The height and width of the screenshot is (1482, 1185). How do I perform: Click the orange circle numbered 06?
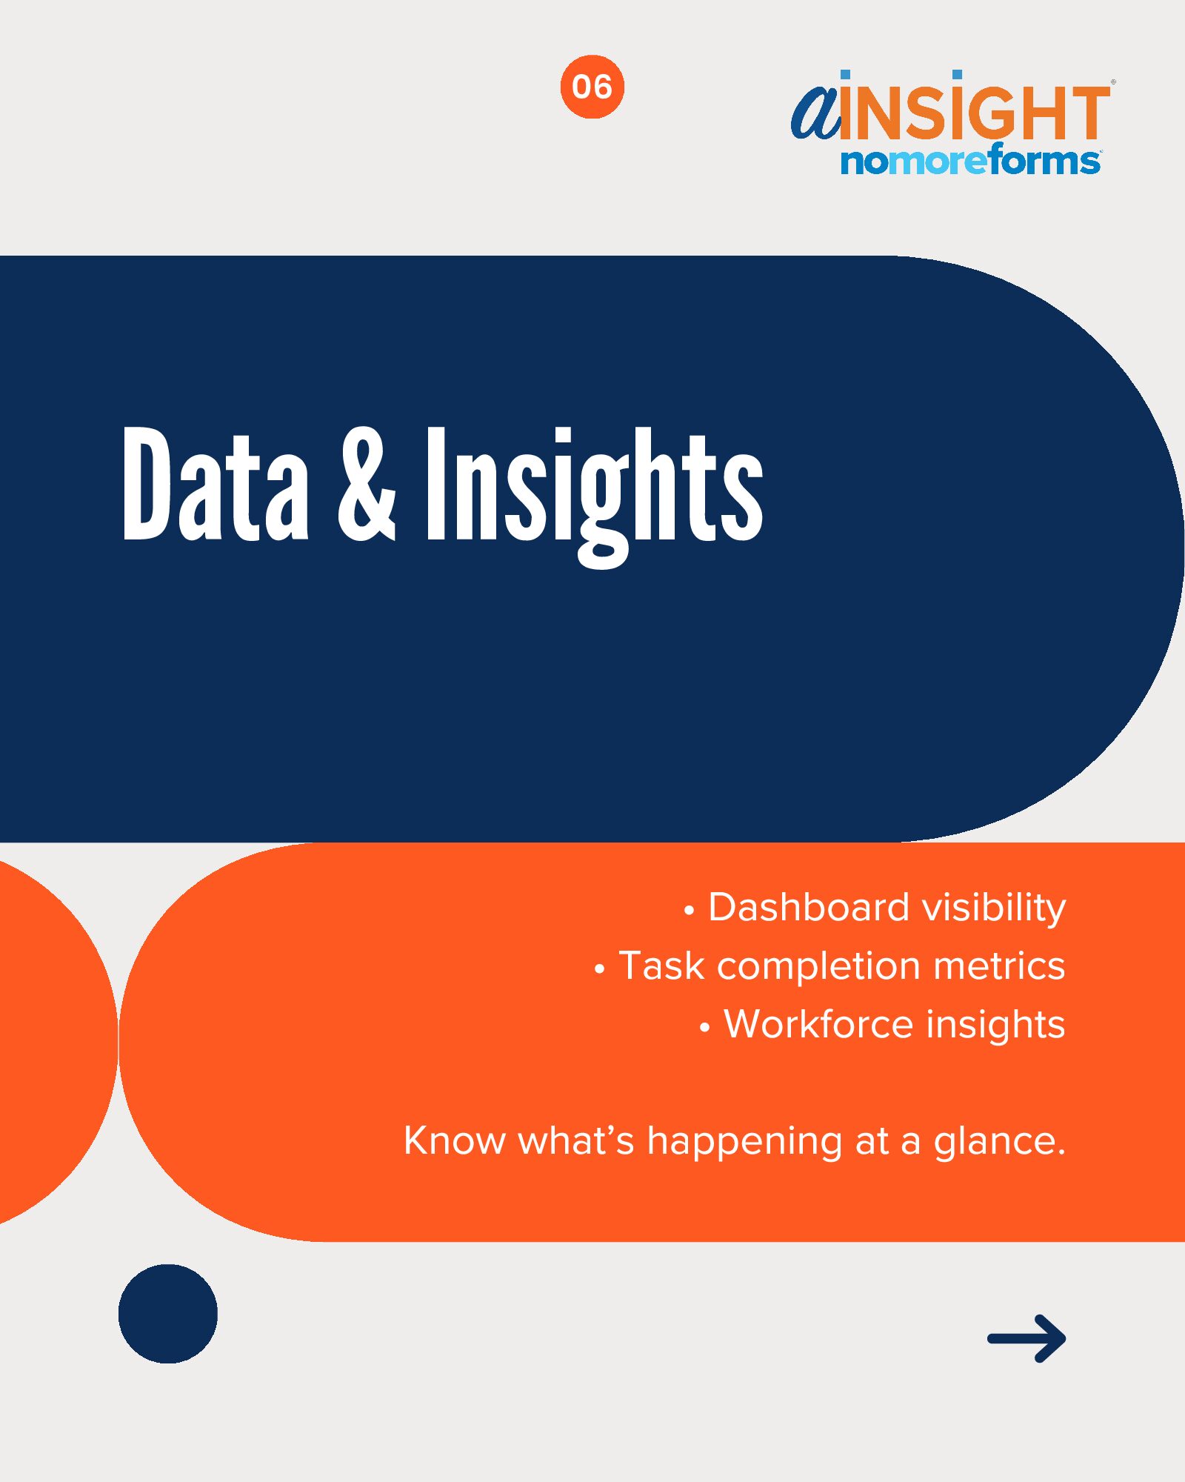(592, 87)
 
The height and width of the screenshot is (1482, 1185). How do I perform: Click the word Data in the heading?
(215, 484)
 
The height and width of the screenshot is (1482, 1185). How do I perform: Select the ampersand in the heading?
(367, 484)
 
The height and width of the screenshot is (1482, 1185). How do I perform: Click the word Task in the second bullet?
(661, 966)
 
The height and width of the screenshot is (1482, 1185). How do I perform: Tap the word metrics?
(999, 966)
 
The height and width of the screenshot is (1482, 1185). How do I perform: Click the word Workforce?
(819, 1024)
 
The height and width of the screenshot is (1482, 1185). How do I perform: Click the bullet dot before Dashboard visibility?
(690, 911)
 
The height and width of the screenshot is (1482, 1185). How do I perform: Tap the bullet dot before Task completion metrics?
(600, 969)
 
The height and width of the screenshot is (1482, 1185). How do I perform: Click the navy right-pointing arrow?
(1027, 1338)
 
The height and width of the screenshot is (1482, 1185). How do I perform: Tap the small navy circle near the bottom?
(168, 1314)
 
